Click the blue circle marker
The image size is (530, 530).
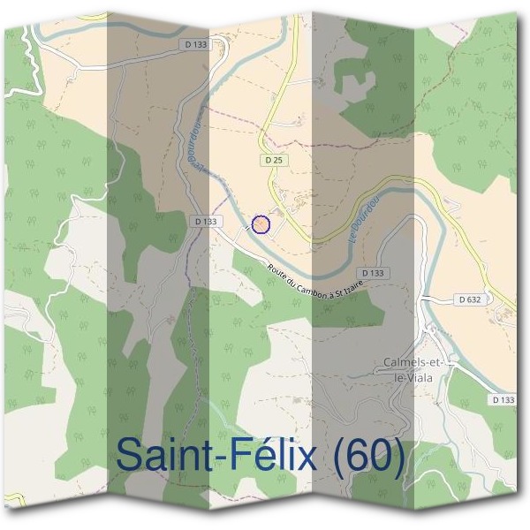[261, 224]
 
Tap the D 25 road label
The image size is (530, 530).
[273, 160]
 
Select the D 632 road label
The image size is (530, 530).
[471, 299]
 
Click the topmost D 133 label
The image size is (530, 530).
[197, 43]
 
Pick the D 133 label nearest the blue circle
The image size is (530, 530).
[204, 221]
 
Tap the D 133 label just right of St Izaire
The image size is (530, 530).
[374, 273]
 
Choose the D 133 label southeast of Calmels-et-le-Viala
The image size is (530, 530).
[503, 399]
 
